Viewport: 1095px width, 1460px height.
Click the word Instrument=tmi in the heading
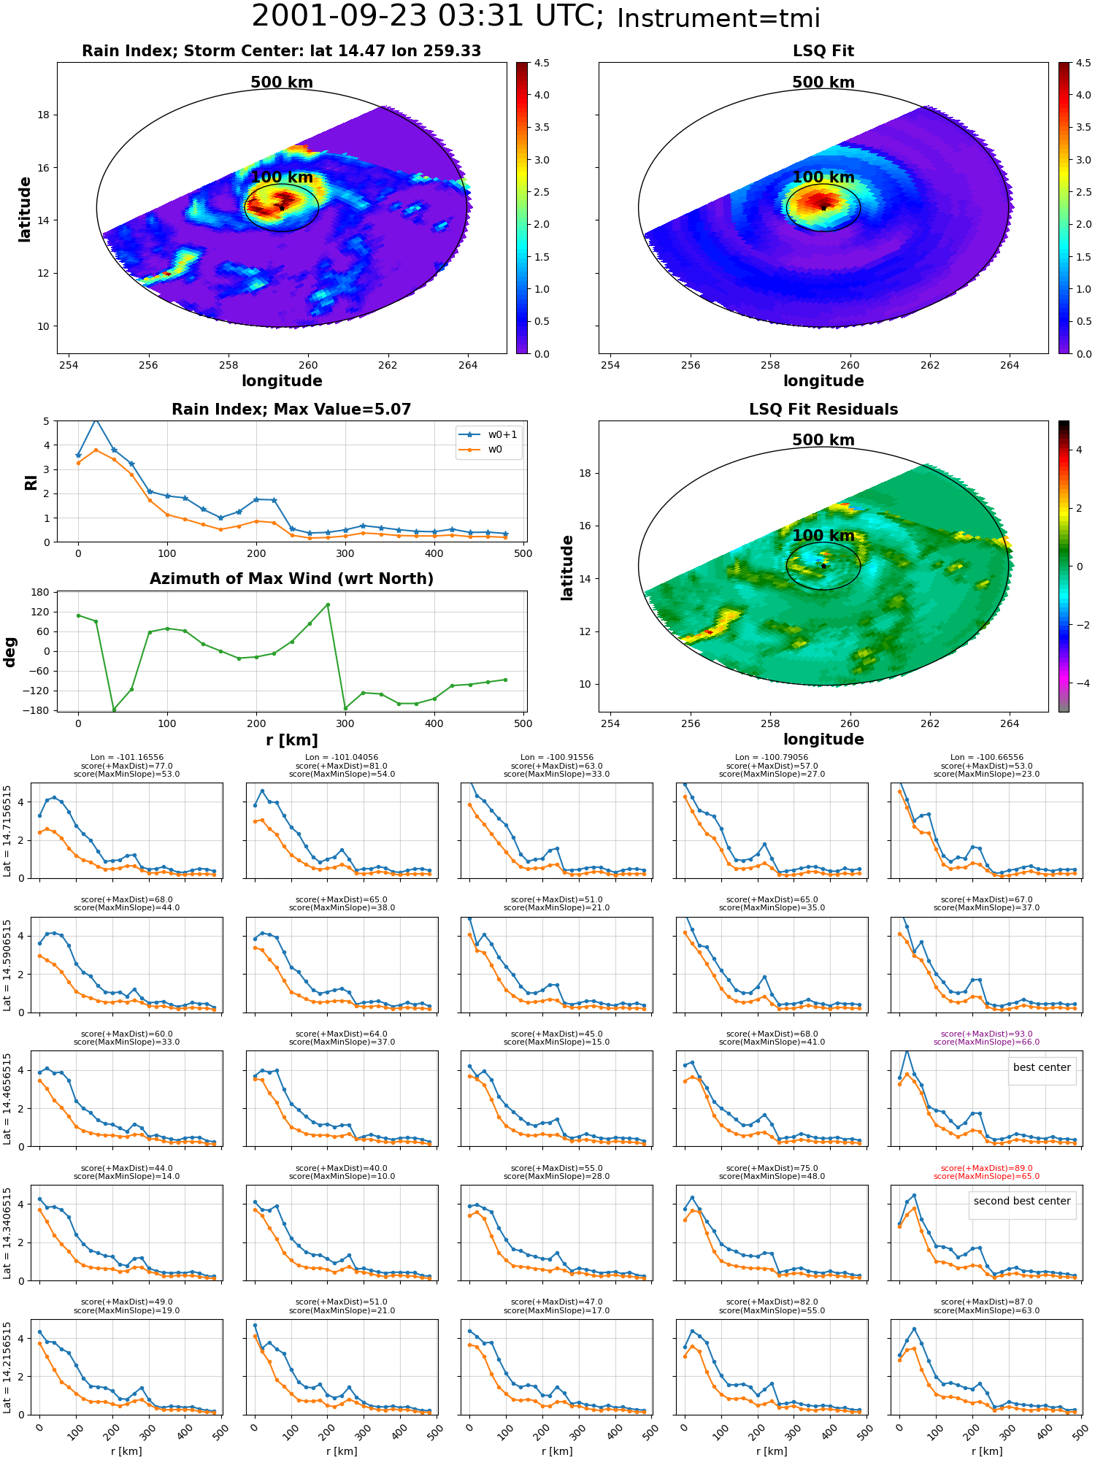click(718, 18)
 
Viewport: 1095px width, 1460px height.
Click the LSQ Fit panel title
click(823, 51)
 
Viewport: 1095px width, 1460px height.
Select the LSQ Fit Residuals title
click(823, 410)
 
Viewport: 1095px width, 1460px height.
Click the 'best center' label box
click(1042, 1067)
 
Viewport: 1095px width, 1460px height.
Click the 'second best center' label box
click(1022, 1201)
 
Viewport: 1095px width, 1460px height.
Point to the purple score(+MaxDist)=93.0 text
click(986, 1034)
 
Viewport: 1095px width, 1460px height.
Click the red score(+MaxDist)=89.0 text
click(986, 1168)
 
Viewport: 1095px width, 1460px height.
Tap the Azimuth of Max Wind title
click(291, 579)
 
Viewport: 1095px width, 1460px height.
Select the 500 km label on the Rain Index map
click(282, 82)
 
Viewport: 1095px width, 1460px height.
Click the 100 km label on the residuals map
click(823, 536)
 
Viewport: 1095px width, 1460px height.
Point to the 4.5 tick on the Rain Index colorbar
click(542, 64)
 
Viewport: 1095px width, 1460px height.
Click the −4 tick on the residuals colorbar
click(1079, 683)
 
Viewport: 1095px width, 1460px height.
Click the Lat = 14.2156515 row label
click(7, 1367)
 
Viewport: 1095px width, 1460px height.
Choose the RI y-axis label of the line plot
click(31, 482)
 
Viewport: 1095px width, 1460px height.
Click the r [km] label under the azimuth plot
click(291, 740)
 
